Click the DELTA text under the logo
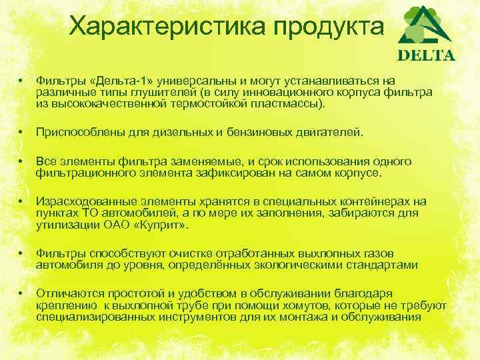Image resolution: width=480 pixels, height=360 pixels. [426, 55]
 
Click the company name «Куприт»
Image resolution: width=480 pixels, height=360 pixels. [163, 226]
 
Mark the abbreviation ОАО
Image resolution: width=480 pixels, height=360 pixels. [118, 226]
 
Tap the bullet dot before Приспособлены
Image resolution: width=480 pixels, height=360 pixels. [22, 133]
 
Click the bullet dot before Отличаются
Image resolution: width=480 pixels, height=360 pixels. [22, 293]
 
